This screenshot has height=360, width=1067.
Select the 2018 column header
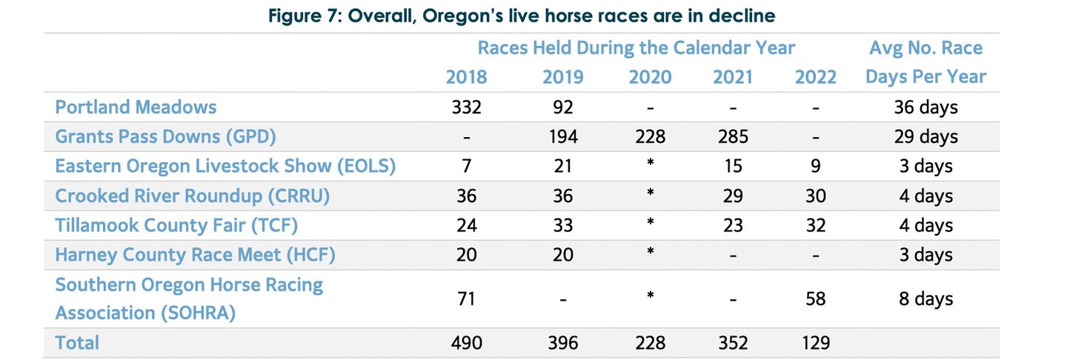(x=467, y=77)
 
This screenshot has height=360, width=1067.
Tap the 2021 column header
(x=734, y=77)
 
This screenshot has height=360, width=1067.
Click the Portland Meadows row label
(x=136, y=107)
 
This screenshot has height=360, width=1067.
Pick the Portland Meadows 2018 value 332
(x=467, y=107)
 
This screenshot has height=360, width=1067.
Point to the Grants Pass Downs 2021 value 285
(x=734, y=137)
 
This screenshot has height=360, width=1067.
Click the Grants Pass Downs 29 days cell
(x=925, y=137)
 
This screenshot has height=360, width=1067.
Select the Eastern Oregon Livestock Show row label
(x=225, y=167)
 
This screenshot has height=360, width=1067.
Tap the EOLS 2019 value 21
(x=563, y=167)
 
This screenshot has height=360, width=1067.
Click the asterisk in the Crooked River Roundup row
(x=650, y=194)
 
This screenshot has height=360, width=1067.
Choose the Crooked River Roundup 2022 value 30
(x=816, y=196)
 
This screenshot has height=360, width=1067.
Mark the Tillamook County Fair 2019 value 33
(x=563, y=225)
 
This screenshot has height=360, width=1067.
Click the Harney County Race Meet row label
(x=195, y=255)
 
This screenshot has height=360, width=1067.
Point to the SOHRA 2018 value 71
(x=467, y=299)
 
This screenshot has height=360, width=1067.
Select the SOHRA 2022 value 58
(x=816, y=299)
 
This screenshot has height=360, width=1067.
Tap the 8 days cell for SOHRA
(x=925, y=299)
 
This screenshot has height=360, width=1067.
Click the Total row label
(x=77, y=343)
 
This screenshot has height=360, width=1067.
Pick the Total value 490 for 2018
(x=467, y=343)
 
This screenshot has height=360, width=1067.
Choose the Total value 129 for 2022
(x=816, y=343)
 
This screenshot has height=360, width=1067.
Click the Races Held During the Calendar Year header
(x=636, y=48)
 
